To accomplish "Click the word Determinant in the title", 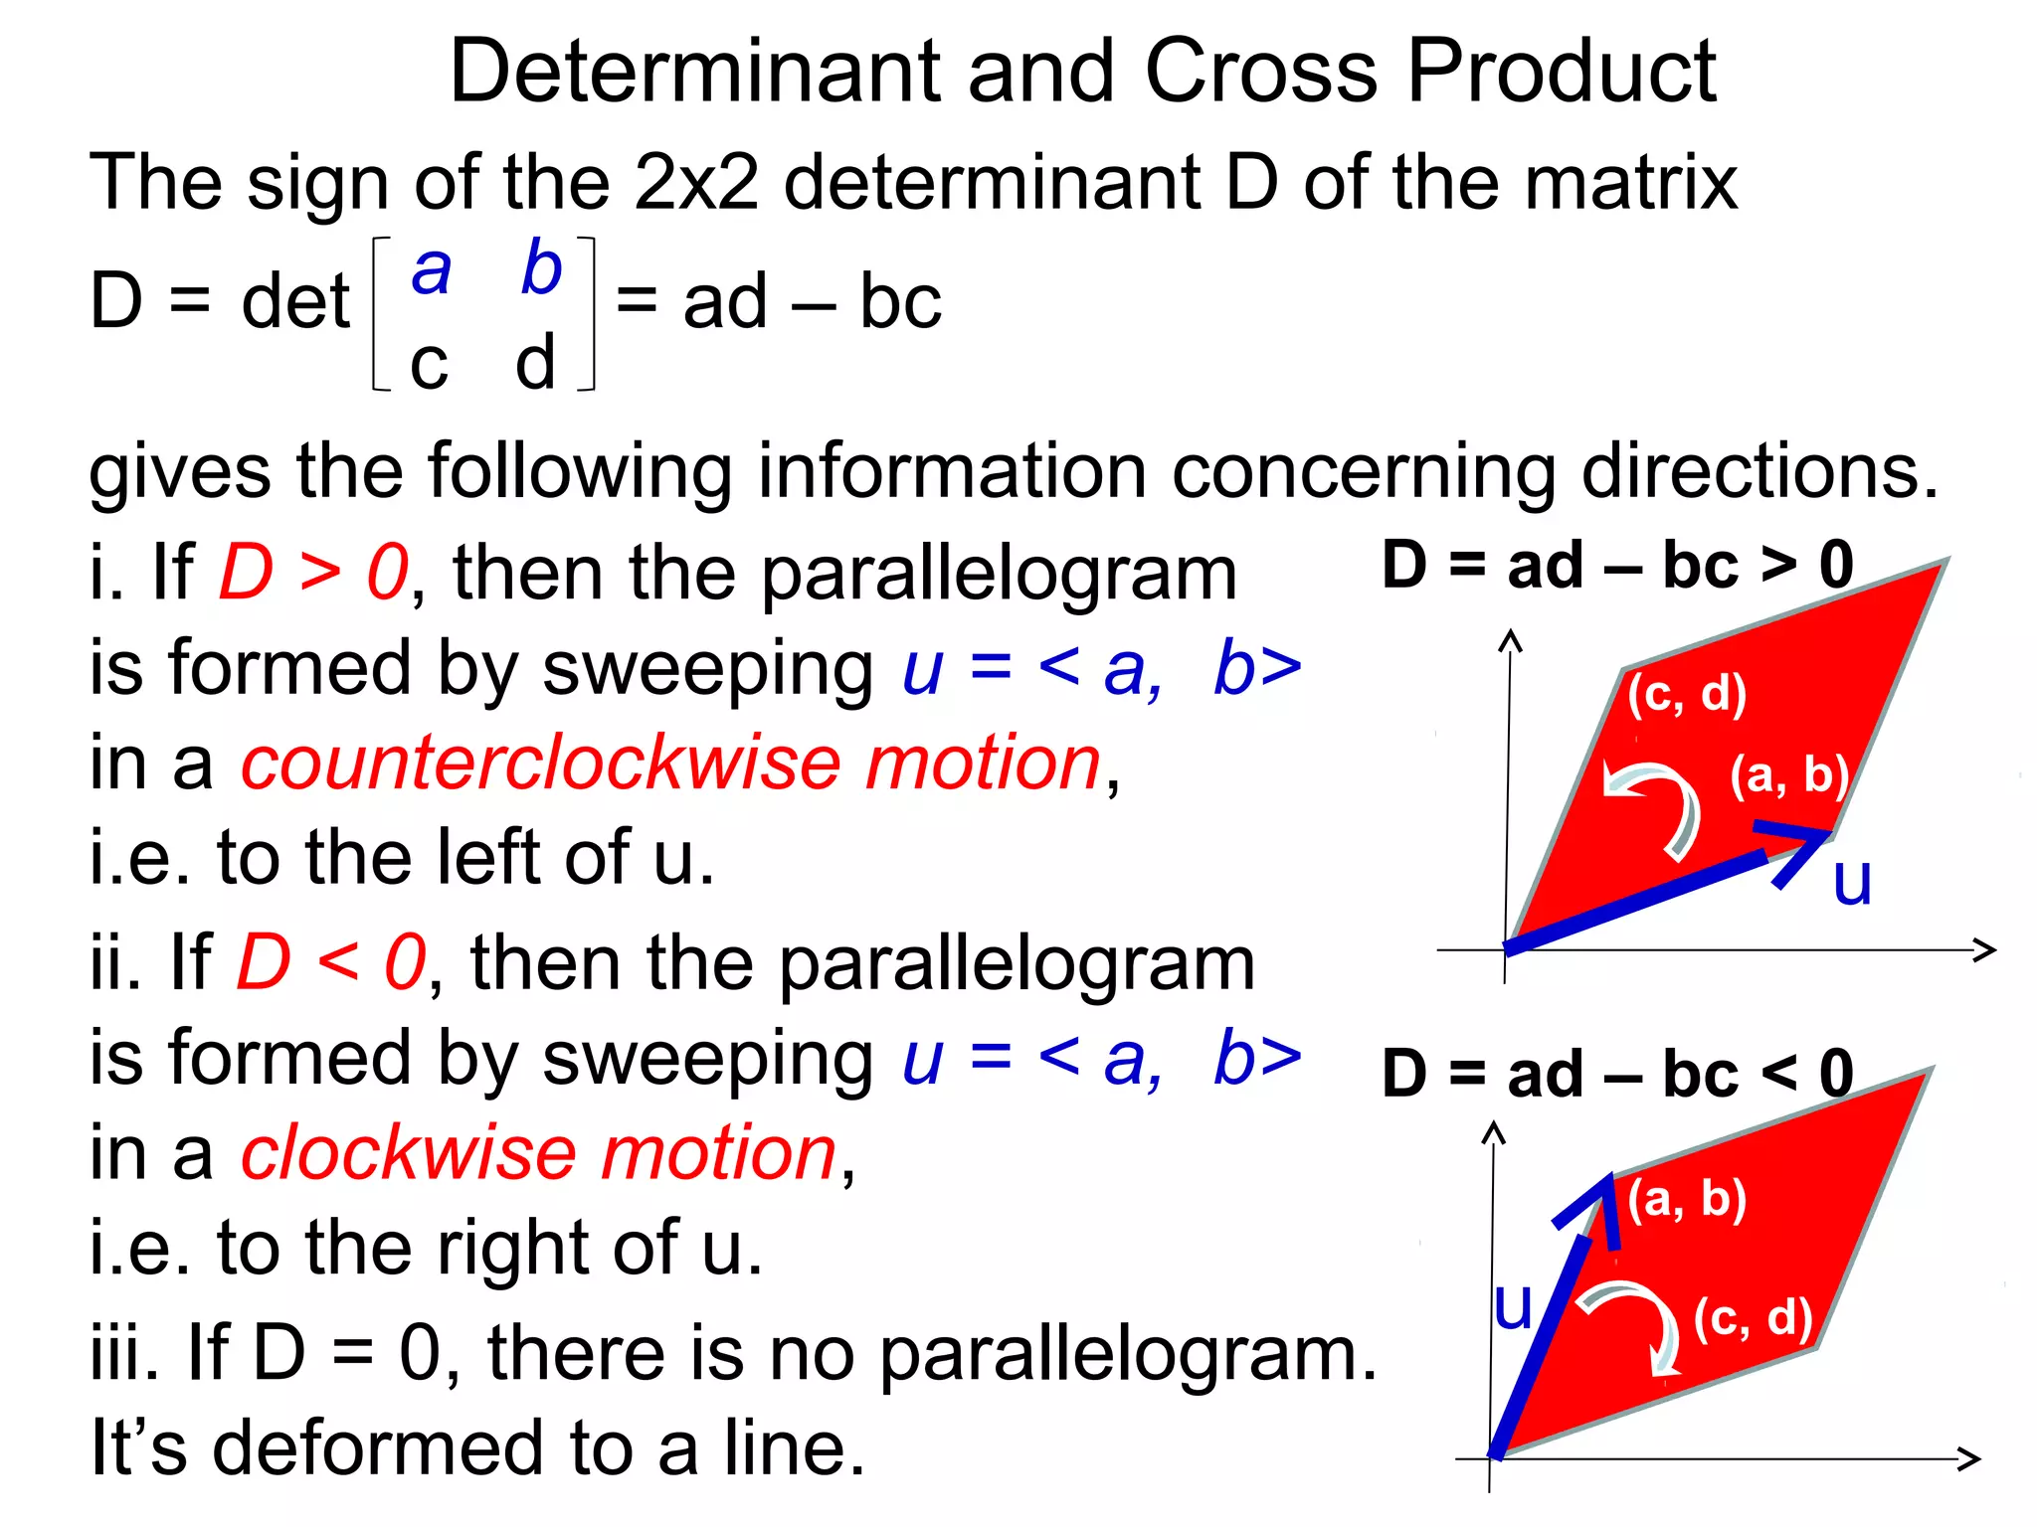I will (694, 72).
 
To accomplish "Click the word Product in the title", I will (1562, 72).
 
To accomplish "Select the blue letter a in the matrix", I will (431, 269).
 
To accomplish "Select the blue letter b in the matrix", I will (541, 266).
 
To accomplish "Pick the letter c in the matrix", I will (429, 364).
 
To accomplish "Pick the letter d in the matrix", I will (535, 362).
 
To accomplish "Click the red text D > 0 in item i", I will (312, 573).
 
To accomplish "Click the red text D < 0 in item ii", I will (330, 962).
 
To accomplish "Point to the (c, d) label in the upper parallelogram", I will (1687, 694).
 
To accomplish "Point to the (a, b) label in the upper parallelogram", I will (1788, 775).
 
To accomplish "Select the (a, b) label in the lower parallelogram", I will (1687, 1199).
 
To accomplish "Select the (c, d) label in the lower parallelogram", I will (1753, 1318).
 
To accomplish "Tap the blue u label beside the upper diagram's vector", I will (1852, 881).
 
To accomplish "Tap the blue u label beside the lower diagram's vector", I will (1513, 1306).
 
